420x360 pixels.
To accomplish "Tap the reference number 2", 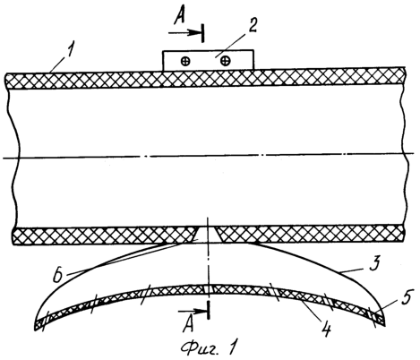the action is pos(252,26).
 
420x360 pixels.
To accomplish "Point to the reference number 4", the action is pos(326,330).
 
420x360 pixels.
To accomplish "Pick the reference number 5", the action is pos(405,299).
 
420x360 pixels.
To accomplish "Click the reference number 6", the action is pos(58,274).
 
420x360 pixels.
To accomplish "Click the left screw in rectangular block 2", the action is pos(185,62).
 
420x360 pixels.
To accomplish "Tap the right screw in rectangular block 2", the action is pos(225,61).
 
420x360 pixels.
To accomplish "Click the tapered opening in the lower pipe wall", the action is pos(207,234).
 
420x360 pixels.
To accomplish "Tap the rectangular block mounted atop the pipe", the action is pos(208,61).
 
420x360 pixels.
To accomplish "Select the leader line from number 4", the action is pos(311,311).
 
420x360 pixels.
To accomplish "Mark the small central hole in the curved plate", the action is pos(209,288).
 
